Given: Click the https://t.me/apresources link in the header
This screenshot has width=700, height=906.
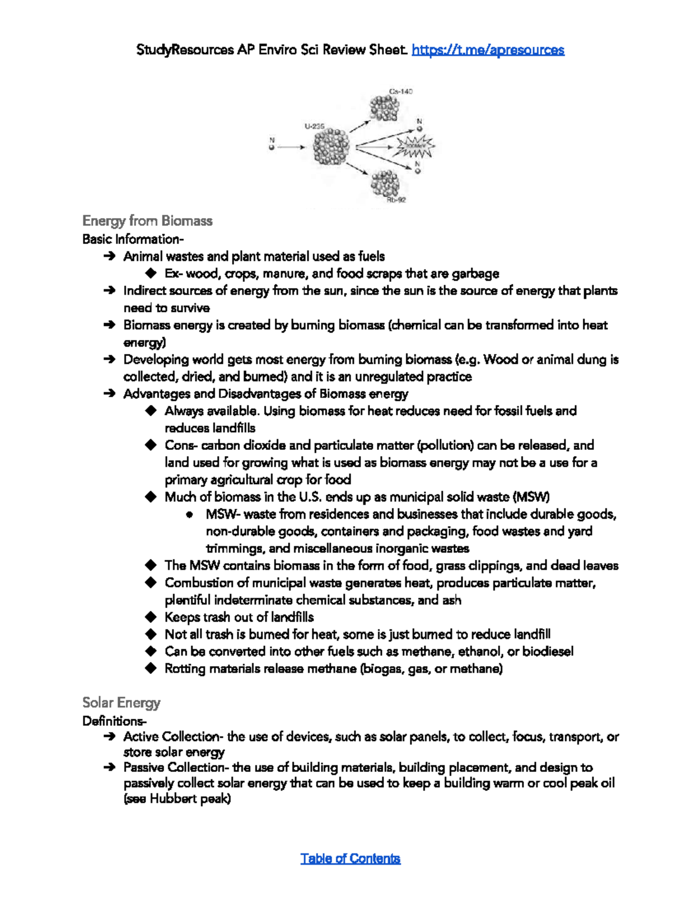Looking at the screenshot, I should pos(488,50).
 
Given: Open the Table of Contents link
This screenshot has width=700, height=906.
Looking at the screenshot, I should pos(350,858).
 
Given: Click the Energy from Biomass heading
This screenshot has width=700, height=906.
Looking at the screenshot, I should pos(147,221).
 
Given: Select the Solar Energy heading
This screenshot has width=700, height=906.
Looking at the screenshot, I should pos(121,702).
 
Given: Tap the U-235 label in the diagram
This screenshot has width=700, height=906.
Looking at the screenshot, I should pos(314,125).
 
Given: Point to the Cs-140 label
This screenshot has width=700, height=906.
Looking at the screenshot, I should pos(401,92).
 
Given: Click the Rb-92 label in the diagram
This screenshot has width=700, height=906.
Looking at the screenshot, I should pos(396,200).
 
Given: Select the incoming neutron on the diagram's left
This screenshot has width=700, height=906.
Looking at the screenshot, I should pos(271,148).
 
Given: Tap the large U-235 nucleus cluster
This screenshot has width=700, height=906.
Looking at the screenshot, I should pos(331,148).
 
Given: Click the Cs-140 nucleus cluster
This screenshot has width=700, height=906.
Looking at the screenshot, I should pos(384,109).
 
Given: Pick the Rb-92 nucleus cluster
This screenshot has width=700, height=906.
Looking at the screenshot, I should pos(385,184).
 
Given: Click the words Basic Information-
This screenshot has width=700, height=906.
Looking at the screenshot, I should pos(133,239).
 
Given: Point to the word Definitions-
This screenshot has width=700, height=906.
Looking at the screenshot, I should pos(114,721).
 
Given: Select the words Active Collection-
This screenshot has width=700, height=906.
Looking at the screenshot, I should pos(173,737).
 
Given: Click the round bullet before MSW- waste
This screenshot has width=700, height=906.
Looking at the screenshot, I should pos(190,515).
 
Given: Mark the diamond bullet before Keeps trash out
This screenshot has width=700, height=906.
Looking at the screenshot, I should pos(151,617).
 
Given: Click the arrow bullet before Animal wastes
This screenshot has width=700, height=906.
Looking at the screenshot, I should pos(109,256).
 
